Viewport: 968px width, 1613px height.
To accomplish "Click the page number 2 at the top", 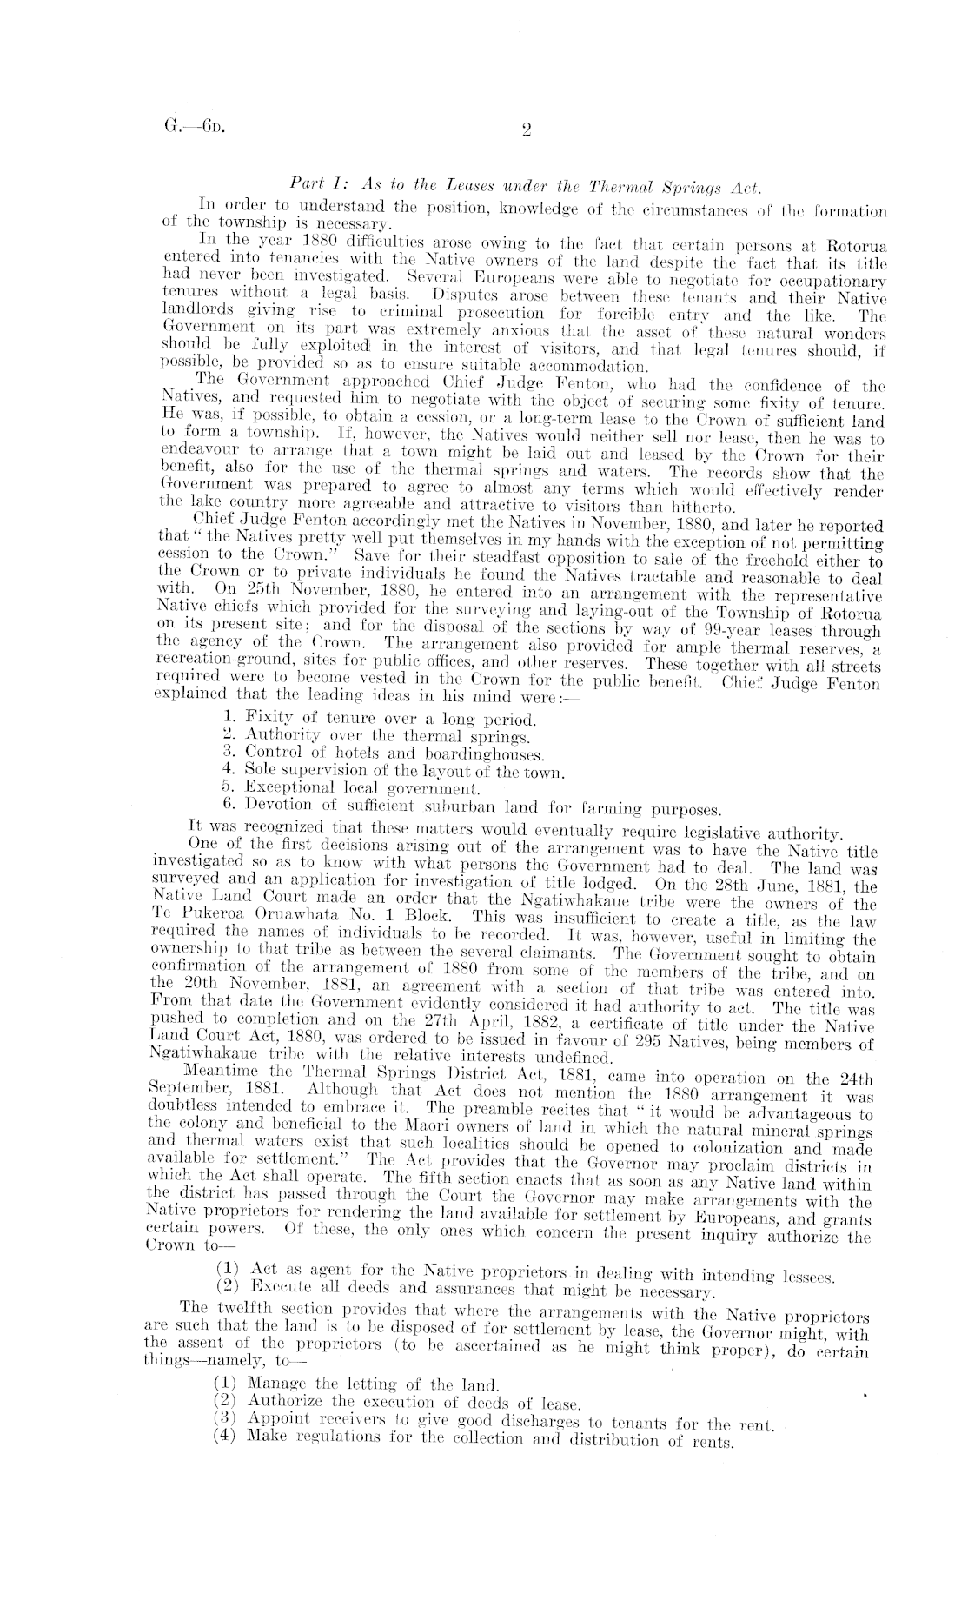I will (x=527, y=131).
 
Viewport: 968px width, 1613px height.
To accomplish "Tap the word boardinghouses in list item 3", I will (x=485, y=753).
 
